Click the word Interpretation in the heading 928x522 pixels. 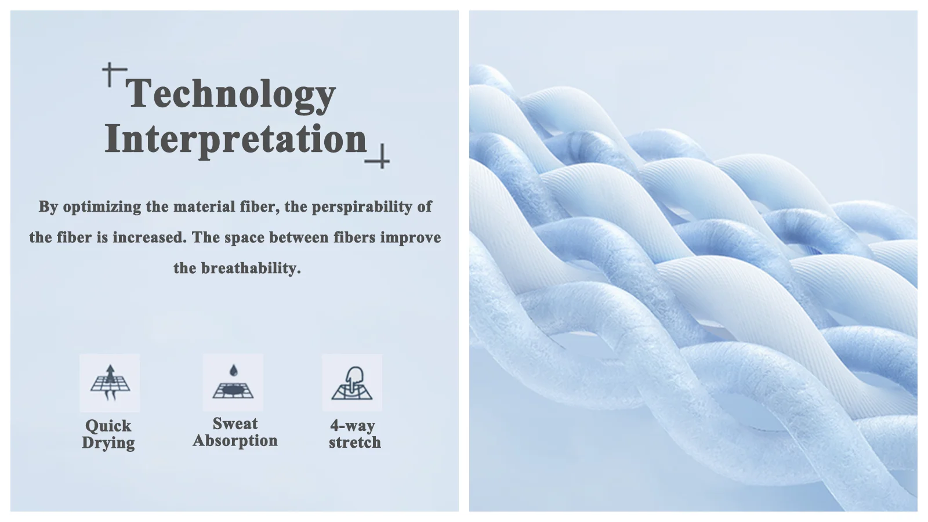pos(235,139)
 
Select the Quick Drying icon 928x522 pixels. pos(110,383)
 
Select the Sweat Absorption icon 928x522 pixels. pos(233,382)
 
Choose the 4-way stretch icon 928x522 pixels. pos(352,383)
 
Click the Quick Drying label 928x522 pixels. pos(108,434)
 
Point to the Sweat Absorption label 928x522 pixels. pos(235,432)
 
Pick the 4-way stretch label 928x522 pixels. pos(354,434)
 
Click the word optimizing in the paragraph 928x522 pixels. pos(102,206)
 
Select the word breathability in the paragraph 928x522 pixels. pos(251,269)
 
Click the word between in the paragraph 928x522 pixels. pos(299,237)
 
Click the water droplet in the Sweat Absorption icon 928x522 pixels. pos(234,371)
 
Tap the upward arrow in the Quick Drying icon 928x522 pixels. pos(110,374)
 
